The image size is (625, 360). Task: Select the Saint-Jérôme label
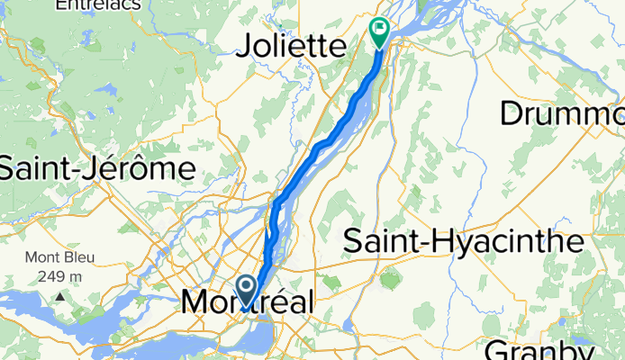click(97, 167)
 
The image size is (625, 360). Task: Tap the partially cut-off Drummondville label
click(562, 114)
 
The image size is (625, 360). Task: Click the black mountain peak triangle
click(60, 295)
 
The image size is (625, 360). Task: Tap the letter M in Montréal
click(195, 302)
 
